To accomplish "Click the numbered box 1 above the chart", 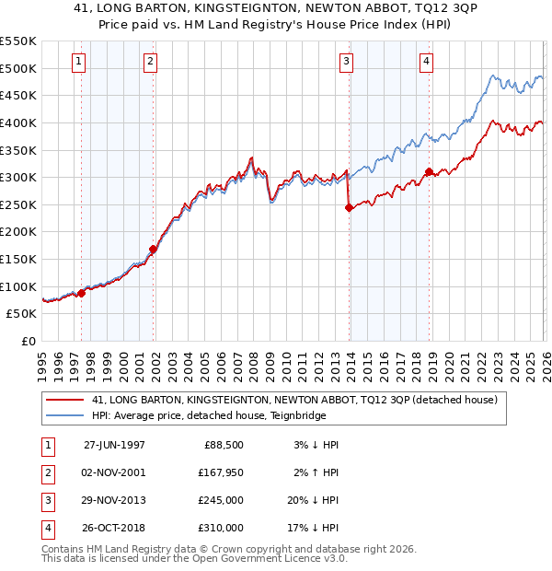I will point(78,62).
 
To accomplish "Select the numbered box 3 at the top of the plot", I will point(347,62).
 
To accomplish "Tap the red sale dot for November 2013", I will point(349,208).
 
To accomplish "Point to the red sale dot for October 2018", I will point(429,172).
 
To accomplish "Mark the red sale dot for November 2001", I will point(154,249).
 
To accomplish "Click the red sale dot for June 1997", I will point(82,293).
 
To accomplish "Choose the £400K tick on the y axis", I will point(18,122).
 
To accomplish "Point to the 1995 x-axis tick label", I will point(43,361).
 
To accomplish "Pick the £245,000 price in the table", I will point(223,500).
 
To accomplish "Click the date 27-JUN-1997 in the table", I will point(114,445).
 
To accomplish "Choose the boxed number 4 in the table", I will point(46,528).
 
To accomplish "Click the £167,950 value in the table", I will point(221,472).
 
